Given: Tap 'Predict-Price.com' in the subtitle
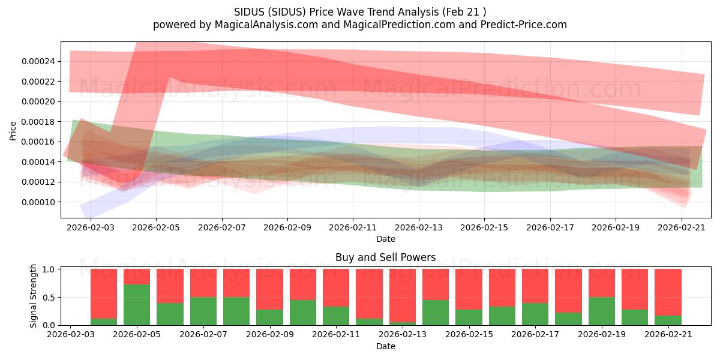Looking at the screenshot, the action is click(x=524, y=25).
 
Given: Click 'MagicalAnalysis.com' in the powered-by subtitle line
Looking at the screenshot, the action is click(x=266, y=25).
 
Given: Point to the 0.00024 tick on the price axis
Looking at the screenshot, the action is click(x=38, y=61).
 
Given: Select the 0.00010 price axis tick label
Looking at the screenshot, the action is click(x=38, y=202).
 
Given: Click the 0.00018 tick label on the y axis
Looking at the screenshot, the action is click(x=38, y=122).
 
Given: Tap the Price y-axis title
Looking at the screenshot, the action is click(x=13, y=131).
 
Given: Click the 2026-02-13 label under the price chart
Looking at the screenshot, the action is click(x=419, y=227).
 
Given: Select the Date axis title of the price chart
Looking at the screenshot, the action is click(x=386, y=239).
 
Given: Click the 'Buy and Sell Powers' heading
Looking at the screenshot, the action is click(x=386, y=257).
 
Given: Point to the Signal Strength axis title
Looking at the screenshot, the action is click(x=33, y=296).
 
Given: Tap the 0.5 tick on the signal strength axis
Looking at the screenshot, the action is click(x=49, y=298).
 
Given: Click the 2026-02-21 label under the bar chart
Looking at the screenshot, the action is click(x=668, y=335).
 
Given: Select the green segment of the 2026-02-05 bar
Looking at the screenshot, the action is click(x=137, y=305).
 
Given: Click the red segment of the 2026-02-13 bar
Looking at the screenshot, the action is click(x=403, y=295).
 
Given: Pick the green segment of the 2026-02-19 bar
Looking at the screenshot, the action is click(x=602, y=311).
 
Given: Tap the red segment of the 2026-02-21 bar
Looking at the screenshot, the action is click(x=668, y=292).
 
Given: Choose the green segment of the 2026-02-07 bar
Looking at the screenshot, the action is click(x=203, y=311).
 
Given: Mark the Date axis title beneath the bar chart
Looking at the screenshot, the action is click(x=386, y=346).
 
